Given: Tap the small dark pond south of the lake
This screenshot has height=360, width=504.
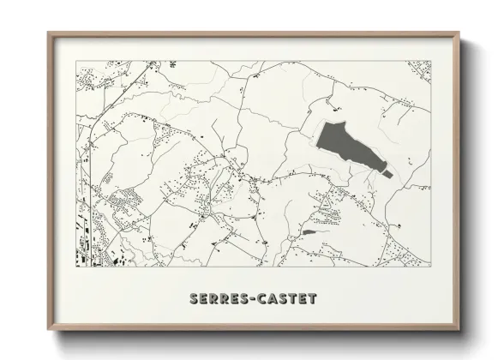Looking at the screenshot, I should tap(309, 231).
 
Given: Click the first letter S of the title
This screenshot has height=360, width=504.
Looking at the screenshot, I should tap(189, 299).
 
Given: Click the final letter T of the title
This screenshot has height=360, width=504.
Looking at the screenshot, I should tap(312, 299).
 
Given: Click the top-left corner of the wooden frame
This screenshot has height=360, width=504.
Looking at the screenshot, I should tap(48, 33).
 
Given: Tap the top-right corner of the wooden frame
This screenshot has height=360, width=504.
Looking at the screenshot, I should tap(459, 33).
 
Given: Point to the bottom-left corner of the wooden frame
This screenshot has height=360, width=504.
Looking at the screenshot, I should tap(48, 331).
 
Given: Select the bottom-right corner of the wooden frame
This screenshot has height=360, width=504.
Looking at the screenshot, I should tap(459, 331).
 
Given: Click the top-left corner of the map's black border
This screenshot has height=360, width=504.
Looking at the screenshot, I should tap(76, 61).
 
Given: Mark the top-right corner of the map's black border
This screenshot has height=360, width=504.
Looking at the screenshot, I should tap(430, 61).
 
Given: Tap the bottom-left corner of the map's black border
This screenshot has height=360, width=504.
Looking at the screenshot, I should tap(76, 266).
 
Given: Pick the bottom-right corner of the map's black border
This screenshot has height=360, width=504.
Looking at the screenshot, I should tap(430, 266).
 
